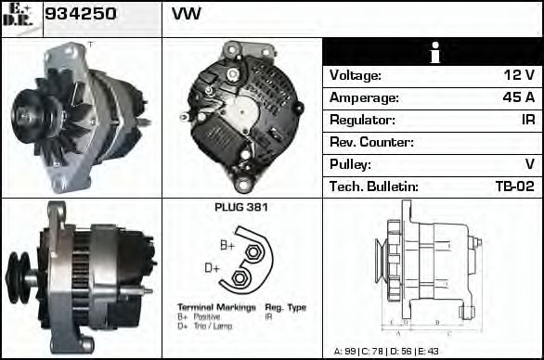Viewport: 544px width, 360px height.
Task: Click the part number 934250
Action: pos(80,15)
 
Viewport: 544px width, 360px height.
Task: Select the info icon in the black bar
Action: pos(434,53)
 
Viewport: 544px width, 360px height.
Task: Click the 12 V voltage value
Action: pos(519,75)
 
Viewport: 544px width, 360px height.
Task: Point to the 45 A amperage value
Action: pos(518,97)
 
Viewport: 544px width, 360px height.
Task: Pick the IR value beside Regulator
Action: pos(526,120)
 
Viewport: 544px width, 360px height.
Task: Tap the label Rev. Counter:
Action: pos(371,142)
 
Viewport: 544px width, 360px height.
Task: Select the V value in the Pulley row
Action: pos(529,164)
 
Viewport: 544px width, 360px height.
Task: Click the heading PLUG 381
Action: pos(240,208)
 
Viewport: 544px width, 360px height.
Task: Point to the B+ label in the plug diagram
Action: pos(227,245)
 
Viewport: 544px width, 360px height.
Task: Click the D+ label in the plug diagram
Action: pos(213,268)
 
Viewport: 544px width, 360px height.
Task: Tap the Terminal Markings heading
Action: pos(208,306)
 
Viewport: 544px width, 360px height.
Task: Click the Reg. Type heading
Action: pos(285,306)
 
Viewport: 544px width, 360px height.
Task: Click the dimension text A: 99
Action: pos(346,352)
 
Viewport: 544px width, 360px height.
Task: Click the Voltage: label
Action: pos(356,75)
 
